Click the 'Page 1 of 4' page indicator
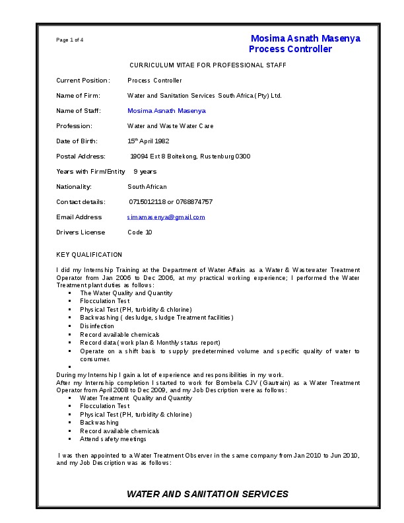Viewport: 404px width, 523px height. [69, 40]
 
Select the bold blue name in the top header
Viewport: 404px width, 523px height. [305, 38]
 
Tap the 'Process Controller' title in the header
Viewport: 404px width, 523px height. [290, 50]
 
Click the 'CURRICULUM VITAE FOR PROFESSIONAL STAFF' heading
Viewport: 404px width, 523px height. [207, 65]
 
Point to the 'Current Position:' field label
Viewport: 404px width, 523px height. [83, 81]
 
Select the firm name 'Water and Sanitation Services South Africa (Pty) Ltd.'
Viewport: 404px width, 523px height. [204, 96]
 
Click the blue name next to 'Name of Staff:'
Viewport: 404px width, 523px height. [166, 111]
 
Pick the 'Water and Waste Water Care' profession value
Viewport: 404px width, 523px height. [170, 126]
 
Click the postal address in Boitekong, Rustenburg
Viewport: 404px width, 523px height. [190, 157]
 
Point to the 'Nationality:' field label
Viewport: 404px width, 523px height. [74, 187]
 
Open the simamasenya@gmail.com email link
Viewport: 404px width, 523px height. [166, 217]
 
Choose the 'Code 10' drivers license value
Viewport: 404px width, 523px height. [139, 232]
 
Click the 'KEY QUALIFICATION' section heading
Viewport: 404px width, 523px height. [89, 255]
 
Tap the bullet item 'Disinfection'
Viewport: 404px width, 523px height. [97, 326]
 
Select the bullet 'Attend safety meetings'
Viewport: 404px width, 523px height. [113, 439]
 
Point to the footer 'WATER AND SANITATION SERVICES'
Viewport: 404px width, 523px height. [207, 494]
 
